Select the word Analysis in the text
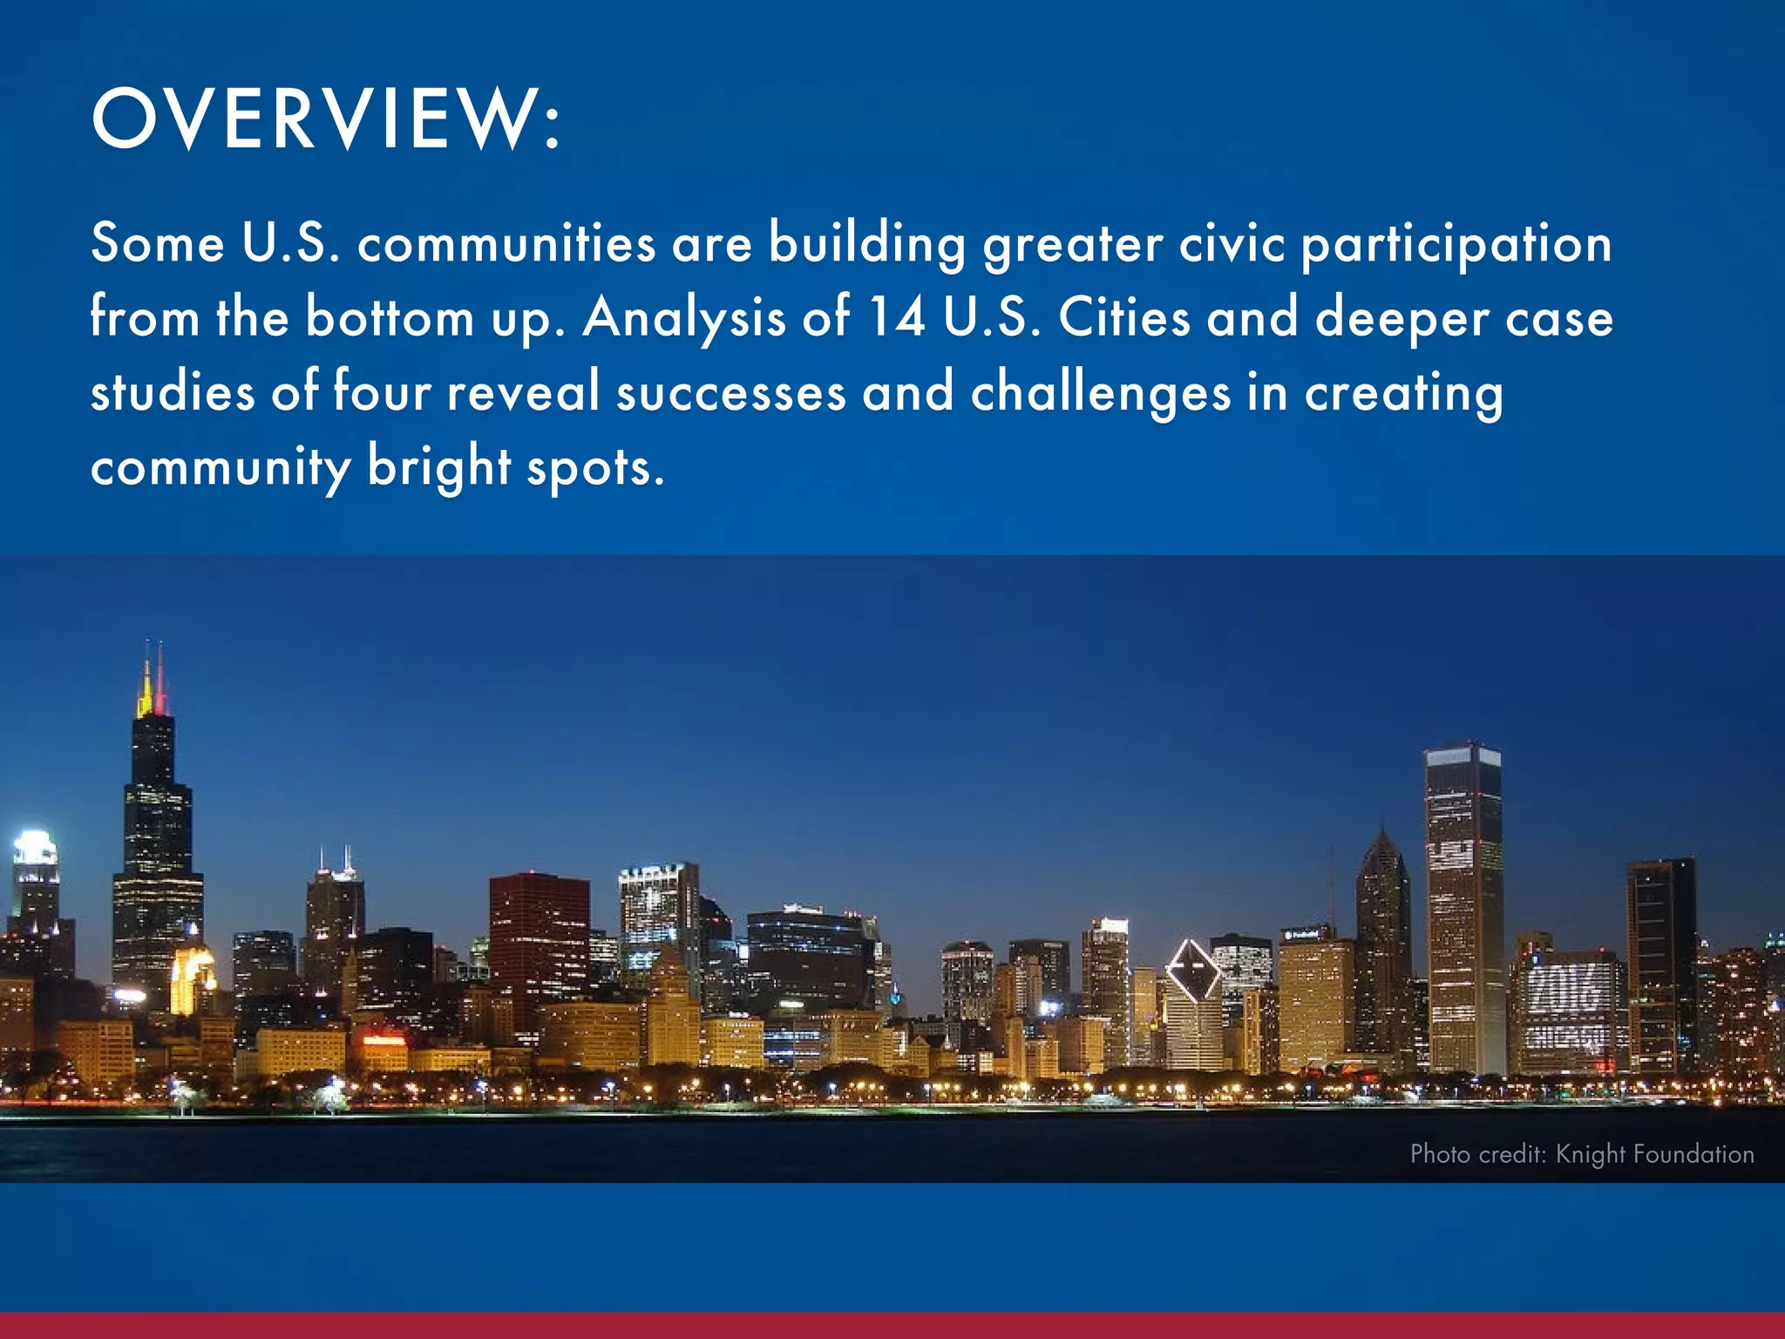[x=684, y=318]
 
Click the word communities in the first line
[x=506, y=243]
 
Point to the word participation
[x=1456, y=245]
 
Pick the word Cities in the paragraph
[x=1123, y=316]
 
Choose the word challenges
[x=1101, y=392]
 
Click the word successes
[x=730, y=392]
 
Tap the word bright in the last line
[x=438, y=468]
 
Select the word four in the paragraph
[x=382, y=391]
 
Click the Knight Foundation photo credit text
[x=1581, y=1154]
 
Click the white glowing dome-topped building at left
[x=35, y=850]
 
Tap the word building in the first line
[x=866, y=243]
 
